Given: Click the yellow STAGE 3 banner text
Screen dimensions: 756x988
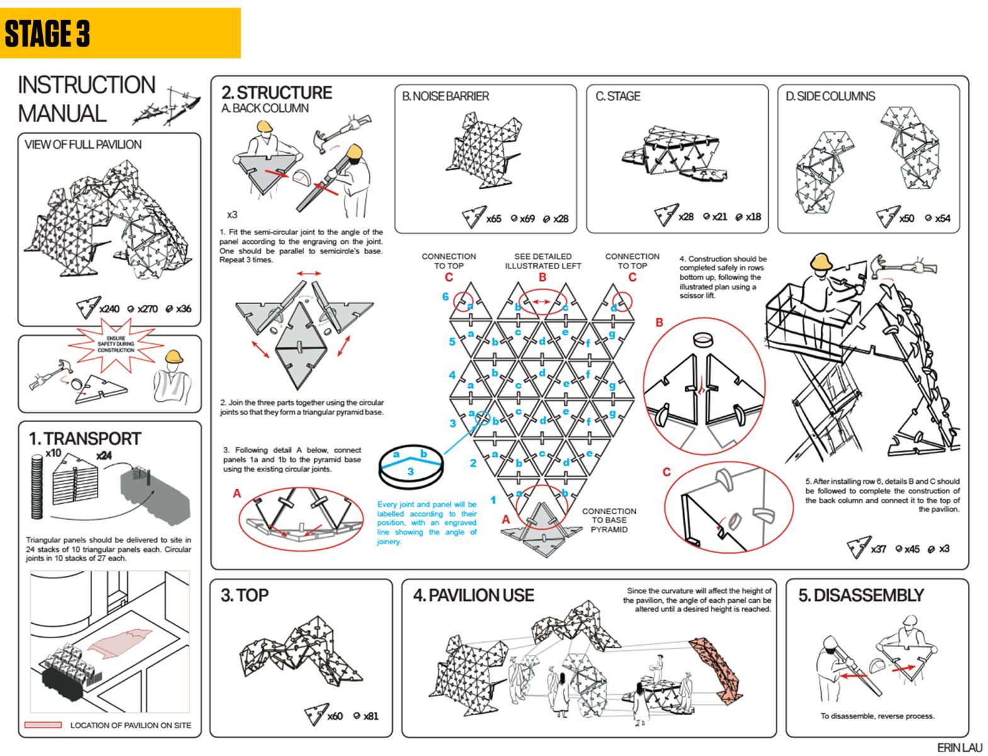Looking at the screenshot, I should coord(47,33).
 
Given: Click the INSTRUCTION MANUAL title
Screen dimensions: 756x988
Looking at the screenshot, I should coord(86,99).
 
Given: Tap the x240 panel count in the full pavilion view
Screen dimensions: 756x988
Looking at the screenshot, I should coord(109,309).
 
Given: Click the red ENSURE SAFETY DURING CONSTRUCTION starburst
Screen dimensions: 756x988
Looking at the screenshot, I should coord(116,344).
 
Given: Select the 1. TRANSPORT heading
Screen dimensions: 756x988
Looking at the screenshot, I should coord(84,438).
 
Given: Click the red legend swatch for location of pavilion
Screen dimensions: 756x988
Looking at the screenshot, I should coord(43,725).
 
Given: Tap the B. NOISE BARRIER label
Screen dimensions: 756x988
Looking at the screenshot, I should coord(445,96).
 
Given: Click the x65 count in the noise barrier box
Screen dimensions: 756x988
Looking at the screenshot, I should coord(493,219).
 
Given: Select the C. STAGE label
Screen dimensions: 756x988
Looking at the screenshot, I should coord(618,96).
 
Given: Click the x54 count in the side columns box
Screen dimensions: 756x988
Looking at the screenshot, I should coord(942,218).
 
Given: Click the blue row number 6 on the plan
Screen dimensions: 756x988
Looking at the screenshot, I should coord(445,296).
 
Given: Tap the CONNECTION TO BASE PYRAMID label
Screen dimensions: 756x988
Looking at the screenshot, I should coord(609,520).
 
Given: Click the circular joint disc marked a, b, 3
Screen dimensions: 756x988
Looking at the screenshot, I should coord(411,466).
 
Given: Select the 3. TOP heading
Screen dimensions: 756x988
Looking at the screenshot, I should coord(244,595).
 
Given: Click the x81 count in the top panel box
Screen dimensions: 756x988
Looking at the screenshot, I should coord(370,716).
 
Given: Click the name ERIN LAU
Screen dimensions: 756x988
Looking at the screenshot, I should coord(959,747).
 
